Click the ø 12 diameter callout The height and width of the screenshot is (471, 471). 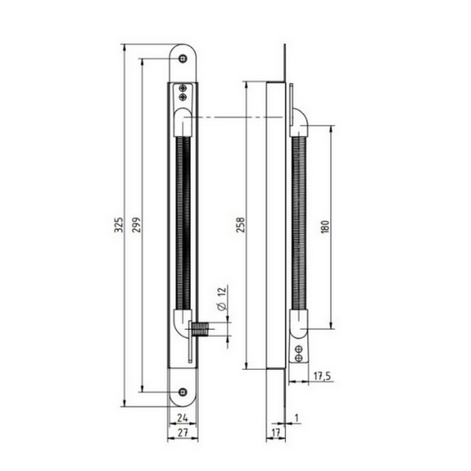pos(222,299)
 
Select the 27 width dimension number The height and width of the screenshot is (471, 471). pos(182,433)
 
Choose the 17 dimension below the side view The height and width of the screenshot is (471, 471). pos(274,433)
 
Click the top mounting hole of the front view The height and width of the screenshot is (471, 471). pos(183,59)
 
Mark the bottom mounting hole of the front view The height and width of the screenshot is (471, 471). pos(183,392)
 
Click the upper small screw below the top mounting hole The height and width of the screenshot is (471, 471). pos(183,88)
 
